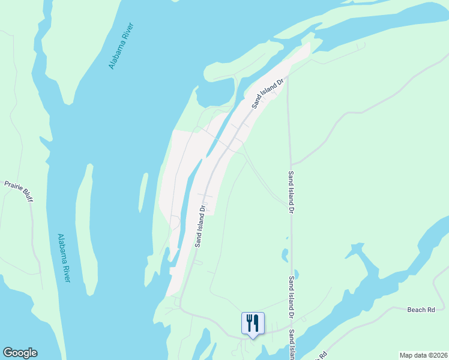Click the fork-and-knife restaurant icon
(253, 323)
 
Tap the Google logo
(20, 353)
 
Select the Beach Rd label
(421, 310)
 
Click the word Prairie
(14, 186)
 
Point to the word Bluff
(28, 194)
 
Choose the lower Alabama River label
(64, 258)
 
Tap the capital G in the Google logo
(8, 353)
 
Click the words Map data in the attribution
(413, 355)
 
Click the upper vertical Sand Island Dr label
(291, 193)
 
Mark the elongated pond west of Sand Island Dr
(285, 254)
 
